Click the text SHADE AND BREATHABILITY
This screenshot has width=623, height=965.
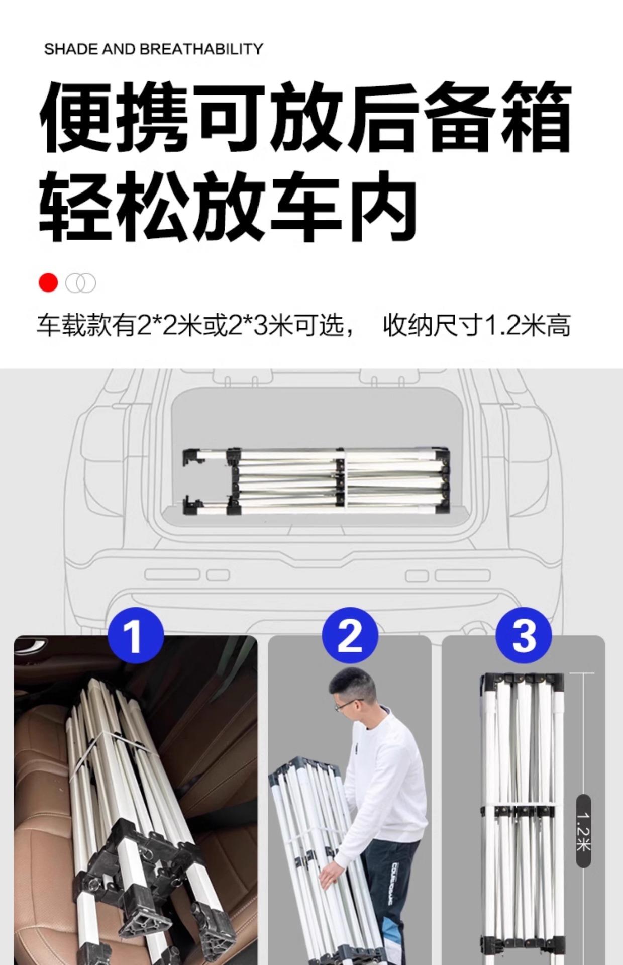[154, 49]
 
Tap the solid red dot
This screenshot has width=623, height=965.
[48, 283]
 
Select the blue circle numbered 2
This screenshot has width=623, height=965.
[350, 636]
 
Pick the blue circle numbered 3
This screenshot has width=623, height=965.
[524, 635]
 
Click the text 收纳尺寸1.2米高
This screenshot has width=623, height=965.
[477, 326]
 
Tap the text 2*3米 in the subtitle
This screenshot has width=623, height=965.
[261, 326]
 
